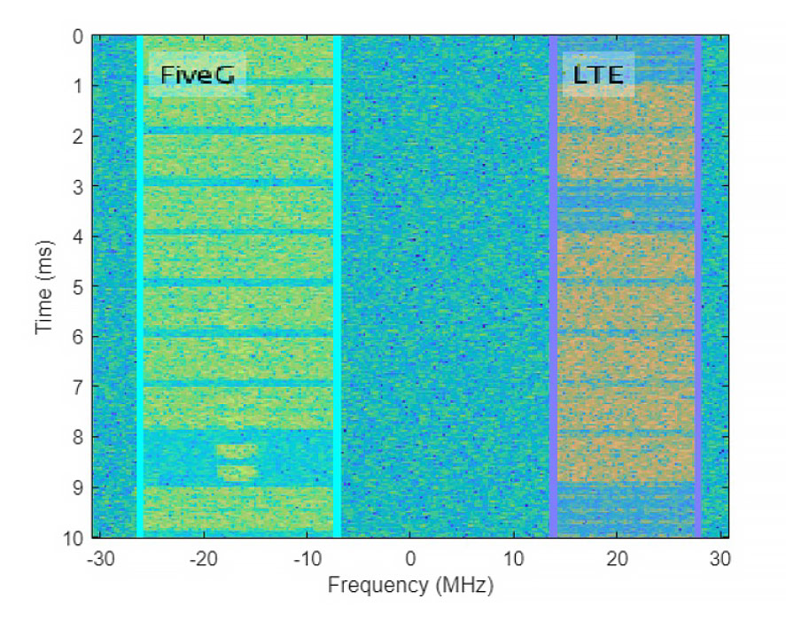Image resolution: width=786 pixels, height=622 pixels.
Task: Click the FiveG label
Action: click(x=197, y=75)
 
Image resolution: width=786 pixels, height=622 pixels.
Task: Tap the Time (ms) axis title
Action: click(x=45, y=285)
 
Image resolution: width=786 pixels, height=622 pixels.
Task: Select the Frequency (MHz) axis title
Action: click(x=410, y=586)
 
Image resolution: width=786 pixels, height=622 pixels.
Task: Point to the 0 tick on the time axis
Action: click(x=78, y=37)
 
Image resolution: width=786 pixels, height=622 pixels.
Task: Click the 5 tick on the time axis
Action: click(x=78, y=287)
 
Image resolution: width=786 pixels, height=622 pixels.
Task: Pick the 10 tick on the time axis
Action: click(x=74, y=538)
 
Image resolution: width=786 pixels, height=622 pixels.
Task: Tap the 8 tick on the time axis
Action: click(x=78, y=438)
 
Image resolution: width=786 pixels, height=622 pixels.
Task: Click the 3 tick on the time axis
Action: click(x=78, y=187)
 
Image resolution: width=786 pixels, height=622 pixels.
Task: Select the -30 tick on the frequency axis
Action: click(x=100, y=559)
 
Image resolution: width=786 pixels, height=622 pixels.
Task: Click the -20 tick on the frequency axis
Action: click(x=204, y=559)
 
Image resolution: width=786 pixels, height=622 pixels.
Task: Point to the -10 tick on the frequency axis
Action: click(x=307, y=559)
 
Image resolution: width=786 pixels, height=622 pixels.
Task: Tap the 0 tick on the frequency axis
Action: click(x=410, y=559)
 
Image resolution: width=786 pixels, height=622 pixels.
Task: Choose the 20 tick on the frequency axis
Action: click(x=618, y=559)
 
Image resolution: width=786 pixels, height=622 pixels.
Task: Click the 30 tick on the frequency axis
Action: click(x=720, y=559)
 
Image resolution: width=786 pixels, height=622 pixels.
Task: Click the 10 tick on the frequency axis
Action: click(x=514, y=559)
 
